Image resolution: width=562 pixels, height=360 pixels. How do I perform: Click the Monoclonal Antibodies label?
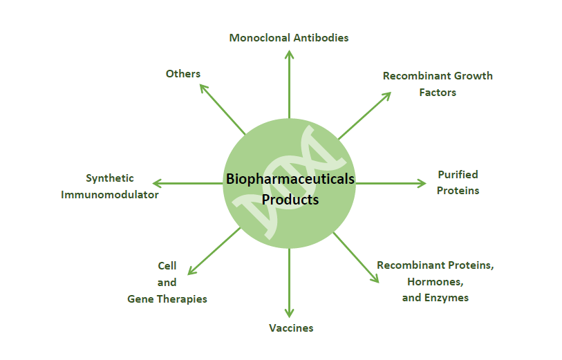click(289, 37)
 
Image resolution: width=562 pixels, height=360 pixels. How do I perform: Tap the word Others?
click(182, 73)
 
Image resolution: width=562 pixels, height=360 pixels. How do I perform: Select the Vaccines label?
click(291, 328)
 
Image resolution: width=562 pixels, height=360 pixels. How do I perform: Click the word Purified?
click(458, 175)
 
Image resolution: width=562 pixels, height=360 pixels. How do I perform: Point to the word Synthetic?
click(110, 178)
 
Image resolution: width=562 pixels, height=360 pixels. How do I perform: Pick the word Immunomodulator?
click(110, 194)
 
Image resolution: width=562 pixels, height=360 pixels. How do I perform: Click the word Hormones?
click(435, 282)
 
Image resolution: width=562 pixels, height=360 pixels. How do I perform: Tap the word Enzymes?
click(447, 298)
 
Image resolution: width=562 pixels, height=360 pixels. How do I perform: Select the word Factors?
click(438, 93)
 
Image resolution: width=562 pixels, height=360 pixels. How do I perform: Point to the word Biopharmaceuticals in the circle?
click(290, 179)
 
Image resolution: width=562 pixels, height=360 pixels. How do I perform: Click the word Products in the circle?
click(290, 200)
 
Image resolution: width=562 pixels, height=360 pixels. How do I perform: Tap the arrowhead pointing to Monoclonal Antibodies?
click(289, 54)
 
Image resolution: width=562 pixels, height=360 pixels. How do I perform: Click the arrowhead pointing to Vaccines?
click(289, 314)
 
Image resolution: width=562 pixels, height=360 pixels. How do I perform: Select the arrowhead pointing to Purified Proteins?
click(422, 183)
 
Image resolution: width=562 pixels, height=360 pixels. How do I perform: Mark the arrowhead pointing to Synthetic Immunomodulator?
click(157, 183)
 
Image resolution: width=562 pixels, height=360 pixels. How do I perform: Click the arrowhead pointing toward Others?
click(203, 88)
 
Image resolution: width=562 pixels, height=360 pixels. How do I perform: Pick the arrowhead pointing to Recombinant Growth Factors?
click(386, 95)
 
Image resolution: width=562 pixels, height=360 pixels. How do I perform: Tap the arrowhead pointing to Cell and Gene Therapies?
click(191, 271)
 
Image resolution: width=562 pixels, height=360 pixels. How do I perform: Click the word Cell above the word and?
click(167, 266)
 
